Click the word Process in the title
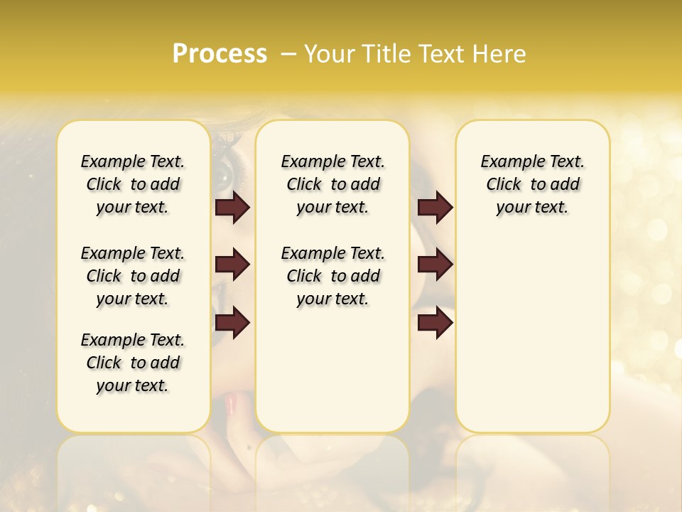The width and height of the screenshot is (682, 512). (220, 54)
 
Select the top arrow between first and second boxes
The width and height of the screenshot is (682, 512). (232, 207)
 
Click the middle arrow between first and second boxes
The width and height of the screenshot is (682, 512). (232, 265)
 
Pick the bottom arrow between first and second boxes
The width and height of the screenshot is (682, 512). (232, 323)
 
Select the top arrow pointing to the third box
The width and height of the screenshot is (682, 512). (435, 207)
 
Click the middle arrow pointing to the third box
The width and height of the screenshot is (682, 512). (435, 265)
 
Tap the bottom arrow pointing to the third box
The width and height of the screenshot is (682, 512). (435, 323)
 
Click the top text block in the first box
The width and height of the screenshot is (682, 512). (133, 184)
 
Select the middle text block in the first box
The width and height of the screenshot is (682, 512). (133, 276)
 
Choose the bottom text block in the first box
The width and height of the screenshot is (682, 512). (133, 363)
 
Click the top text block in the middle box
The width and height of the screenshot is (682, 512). (332, 184)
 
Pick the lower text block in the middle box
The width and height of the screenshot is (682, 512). (332, 276)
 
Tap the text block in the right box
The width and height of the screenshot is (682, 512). (532, 184)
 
